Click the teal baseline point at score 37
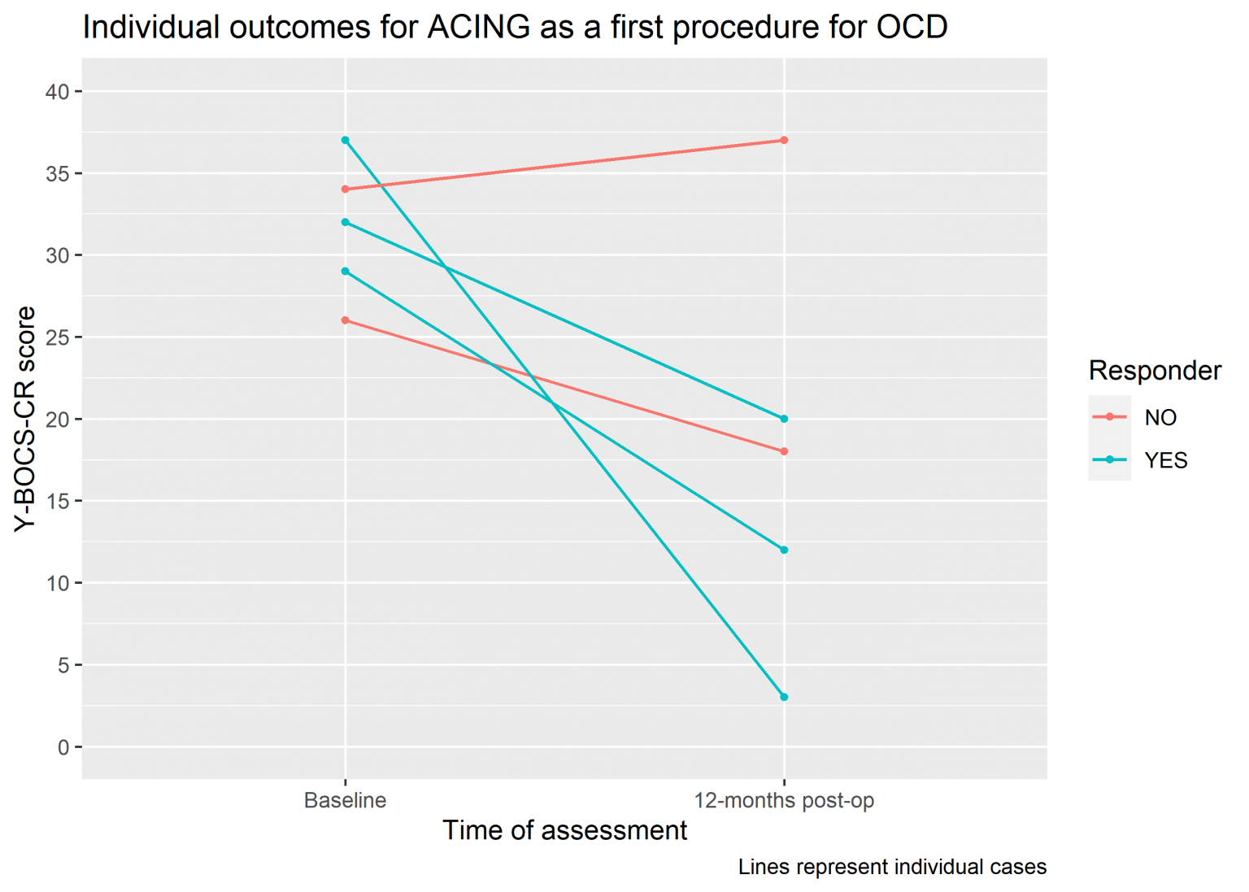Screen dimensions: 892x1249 coord(346,141)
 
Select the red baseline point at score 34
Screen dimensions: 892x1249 coord(346,189)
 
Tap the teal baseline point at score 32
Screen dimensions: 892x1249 coord(346,222)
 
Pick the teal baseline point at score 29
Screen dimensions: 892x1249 coord(346,272)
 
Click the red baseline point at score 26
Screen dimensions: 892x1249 coord(346,320)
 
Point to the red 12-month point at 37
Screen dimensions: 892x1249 coord(784,141)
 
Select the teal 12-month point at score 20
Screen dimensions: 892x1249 coord(784,419)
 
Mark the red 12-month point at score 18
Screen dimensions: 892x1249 coord(784,451)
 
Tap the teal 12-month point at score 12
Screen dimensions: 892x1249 coord(784,550)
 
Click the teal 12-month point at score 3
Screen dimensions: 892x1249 coord(784,697)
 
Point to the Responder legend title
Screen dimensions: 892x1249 coord(1155,371)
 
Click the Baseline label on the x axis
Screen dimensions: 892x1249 coord(346,800)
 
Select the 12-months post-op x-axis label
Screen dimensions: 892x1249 coord(784,800)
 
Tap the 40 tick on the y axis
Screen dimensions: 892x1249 coord(58,92)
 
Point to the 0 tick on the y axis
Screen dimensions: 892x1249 coord(63,747)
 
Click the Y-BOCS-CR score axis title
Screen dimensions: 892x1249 coord(26,419)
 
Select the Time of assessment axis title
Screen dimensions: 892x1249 coord(564,830)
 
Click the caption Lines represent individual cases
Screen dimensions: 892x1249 coord(892,867)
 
